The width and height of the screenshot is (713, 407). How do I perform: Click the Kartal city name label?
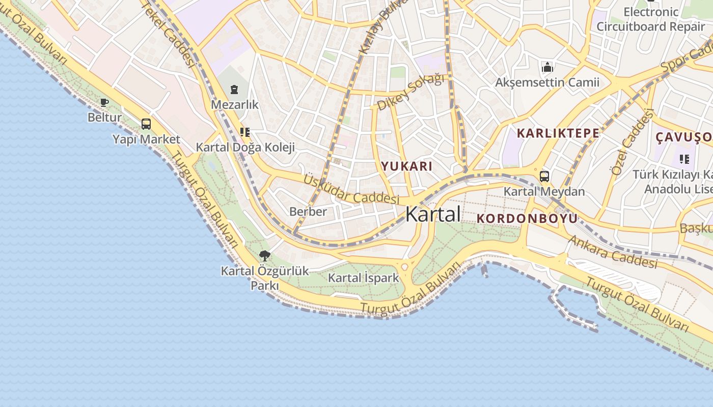(433, 214)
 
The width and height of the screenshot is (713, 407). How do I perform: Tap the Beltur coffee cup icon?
(104, 103)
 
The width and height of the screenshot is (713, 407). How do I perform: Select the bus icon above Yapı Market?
(146, 124)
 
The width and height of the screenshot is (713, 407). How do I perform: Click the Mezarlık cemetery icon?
(234, 90)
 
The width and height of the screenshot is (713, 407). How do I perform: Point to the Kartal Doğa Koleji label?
(245, 148)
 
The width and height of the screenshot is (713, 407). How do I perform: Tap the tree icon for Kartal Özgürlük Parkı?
(264, 256)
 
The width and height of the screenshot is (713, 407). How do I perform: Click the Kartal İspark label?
(363, 278)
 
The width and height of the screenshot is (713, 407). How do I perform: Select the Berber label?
(308, 211)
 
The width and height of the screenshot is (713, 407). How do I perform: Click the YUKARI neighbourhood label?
(407, 166)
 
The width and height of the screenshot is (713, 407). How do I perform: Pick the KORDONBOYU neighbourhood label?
(527, 218)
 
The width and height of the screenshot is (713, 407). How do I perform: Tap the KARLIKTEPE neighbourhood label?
(558, 133)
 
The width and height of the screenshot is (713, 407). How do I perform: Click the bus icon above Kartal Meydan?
(544, 177)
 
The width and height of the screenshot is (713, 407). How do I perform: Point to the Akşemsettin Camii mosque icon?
(547, 67)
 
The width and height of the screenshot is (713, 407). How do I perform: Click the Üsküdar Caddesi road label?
(351, 189)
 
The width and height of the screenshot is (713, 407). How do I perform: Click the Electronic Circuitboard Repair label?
(650, 19)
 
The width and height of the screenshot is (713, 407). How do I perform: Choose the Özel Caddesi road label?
(632, 142)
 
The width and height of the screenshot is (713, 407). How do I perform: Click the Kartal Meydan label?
(544, 192)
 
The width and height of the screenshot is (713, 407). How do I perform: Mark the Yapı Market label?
(146, 139)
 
